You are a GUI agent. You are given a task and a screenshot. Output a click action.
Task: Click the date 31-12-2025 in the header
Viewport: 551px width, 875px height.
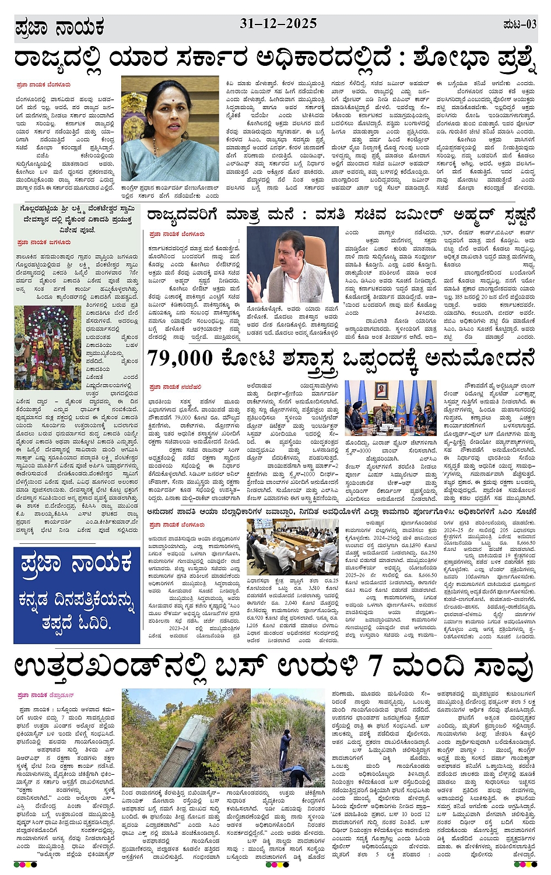point(278,24)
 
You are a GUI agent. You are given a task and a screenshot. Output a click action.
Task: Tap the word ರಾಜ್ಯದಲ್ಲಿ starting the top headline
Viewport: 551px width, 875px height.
point(58,59)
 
